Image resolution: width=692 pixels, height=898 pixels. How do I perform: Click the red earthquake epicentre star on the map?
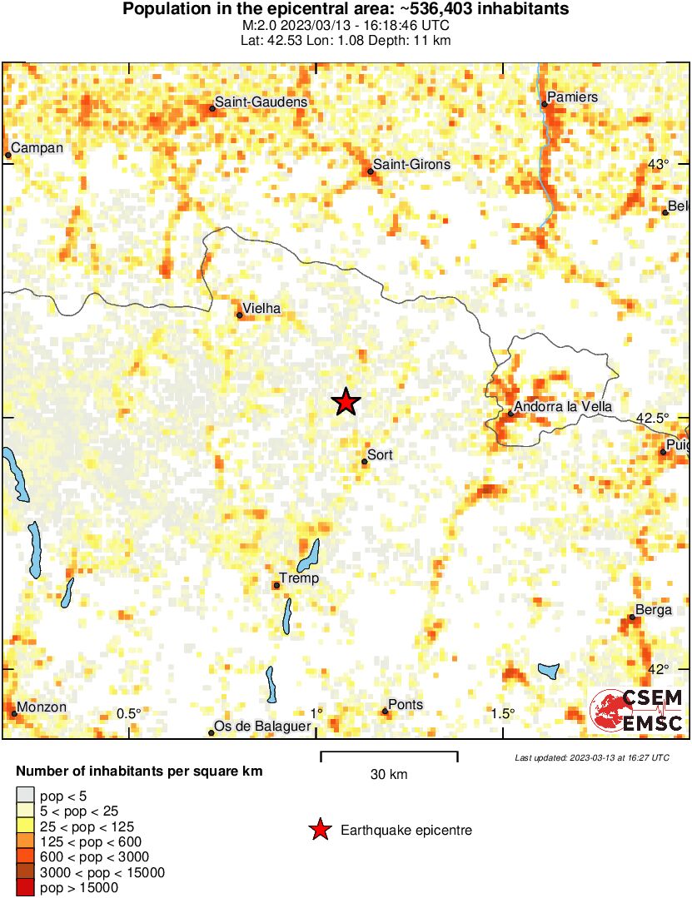click(x=346, y=402)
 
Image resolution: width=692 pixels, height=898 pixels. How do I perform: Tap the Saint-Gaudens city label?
click(x=261, y=102)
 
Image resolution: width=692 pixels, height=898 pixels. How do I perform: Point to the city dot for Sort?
click(x=364, y=461)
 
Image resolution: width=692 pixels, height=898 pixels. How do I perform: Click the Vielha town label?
click(x=262, y=309)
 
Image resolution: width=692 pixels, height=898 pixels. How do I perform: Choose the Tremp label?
click(x=299, y=578)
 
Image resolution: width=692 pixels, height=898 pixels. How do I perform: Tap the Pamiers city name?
click(x=574, y=97)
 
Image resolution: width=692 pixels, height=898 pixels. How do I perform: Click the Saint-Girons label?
click(x=411, y=165)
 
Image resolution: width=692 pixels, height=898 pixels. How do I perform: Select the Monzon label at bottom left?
click(x=42, y=707)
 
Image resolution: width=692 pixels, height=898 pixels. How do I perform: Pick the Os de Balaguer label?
click(x=262, y=727)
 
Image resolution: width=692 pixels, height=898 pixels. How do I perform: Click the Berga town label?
click(x=653, y=610)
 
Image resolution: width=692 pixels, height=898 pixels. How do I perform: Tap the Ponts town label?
click(x=406, y=705)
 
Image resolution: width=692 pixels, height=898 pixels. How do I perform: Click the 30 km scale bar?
click(x=389, y=756)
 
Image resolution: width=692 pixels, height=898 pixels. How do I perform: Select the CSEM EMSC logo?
click(x=637, y=712)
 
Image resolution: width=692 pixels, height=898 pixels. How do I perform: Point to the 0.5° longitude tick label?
click(x=128, y=713)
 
